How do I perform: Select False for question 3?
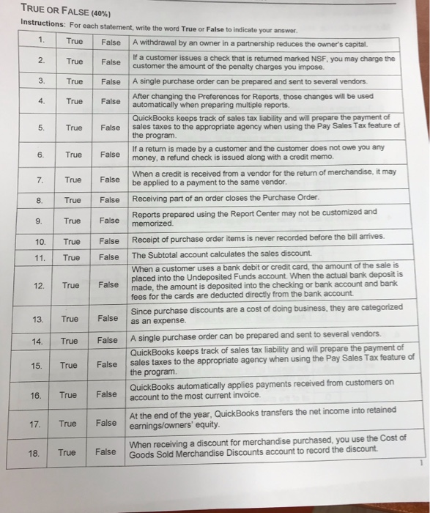[111, 81]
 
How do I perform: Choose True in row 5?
[74, 128]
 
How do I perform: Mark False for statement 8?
[110, 199]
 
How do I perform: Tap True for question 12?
[70, 284]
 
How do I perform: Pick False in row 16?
[107, 394]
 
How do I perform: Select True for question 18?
[67, 452]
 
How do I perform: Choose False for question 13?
[107, 319]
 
